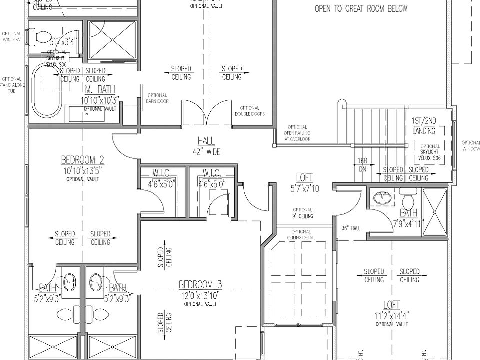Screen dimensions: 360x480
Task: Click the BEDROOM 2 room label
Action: click(82, 160)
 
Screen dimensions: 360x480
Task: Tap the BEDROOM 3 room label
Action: click(200, 285)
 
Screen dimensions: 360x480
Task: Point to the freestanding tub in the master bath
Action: click(46, 90)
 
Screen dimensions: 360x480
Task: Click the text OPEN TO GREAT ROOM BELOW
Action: click(361, 8)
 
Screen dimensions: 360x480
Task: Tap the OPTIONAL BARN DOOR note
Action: click(157, 98)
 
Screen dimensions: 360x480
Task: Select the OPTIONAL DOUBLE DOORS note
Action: click(249, 111)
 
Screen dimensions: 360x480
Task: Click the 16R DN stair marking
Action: click(363, 165)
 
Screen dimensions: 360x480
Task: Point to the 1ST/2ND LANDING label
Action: click(424, 126)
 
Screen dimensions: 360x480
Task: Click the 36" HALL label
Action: click(351, 228)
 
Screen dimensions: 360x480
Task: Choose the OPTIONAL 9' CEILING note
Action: click(303, 213)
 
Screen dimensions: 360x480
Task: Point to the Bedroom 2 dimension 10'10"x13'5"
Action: click(82, 170)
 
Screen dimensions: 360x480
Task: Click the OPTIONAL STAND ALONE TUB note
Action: click(12, 85)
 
